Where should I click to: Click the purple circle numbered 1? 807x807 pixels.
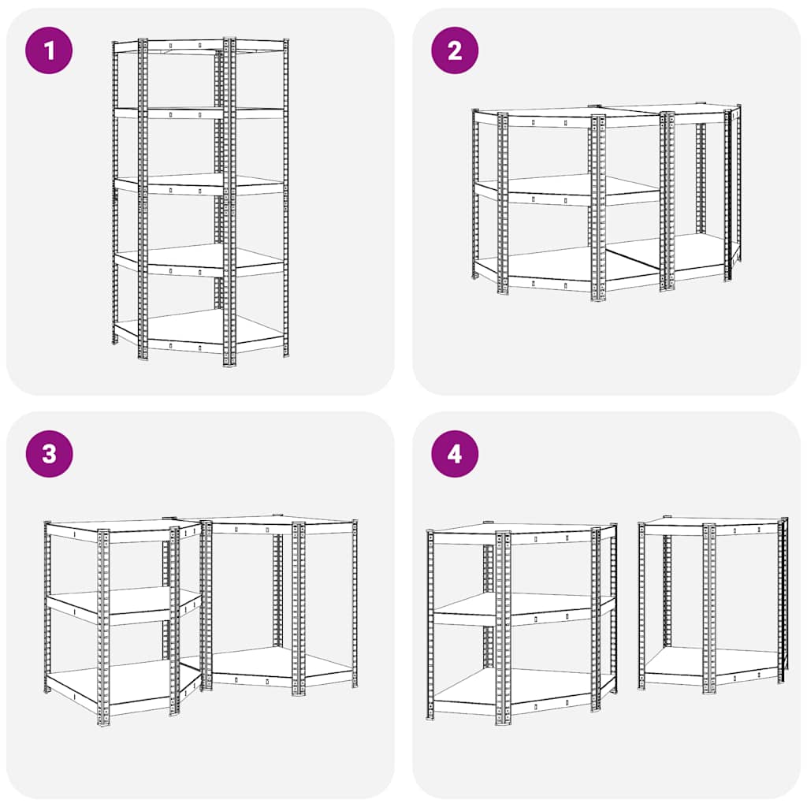[x=49, y=50]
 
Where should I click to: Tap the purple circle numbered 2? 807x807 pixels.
[x=455, y=50]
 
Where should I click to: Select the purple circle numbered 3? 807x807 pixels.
[x=49, y=454]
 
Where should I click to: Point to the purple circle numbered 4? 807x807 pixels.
[x=455, y=454]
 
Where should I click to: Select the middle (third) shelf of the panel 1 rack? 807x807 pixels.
[x=199, y=185]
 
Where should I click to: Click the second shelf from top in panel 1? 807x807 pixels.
[x=199, y=113]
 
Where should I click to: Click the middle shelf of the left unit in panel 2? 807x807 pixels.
[x=566, y=192]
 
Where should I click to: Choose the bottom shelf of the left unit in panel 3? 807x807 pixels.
[x=124, y=685]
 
